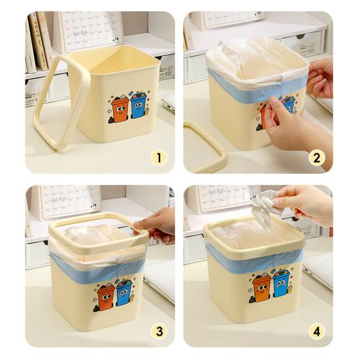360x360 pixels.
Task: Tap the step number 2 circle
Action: click(x=316, y=157)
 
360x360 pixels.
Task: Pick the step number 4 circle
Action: click(x=316, y=331)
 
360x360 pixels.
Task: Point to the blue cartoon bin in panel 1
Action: click(x=138, y=106)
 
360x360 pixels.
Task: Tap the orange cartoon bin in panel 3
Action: click(x=106, y=295)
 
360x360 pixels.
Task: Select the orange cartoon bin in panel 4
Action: click(x=261, y=287)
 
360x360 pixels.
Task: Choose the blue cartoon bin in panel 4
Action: click(x=281, y=285)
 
